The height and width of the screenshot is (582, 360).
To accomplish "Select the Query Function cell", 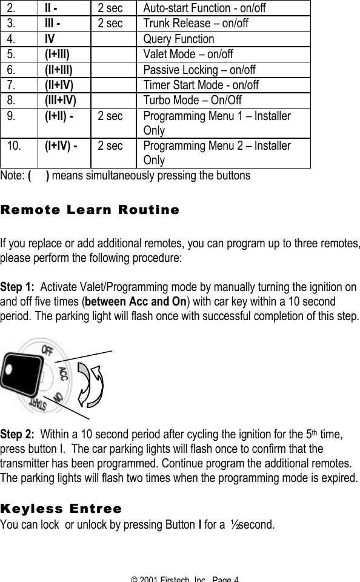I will click(178, 39).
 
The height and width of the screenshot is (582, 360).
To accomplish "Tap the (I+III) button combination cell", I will click(58, 55).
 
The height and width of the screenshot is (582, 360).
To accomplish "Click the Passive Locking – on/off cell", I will click(199, 70).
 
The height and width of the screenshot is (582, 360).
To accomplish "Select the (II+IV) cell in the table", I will click(59, 85).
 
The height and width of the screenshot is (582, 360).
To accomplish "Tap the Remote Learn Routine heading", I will click(90, 210).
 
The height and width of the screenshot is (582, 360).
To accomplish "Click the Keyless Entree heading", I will click(61, 508).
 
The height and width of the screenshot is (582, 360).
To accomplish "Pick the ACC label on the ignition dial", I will click(64, 373).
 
